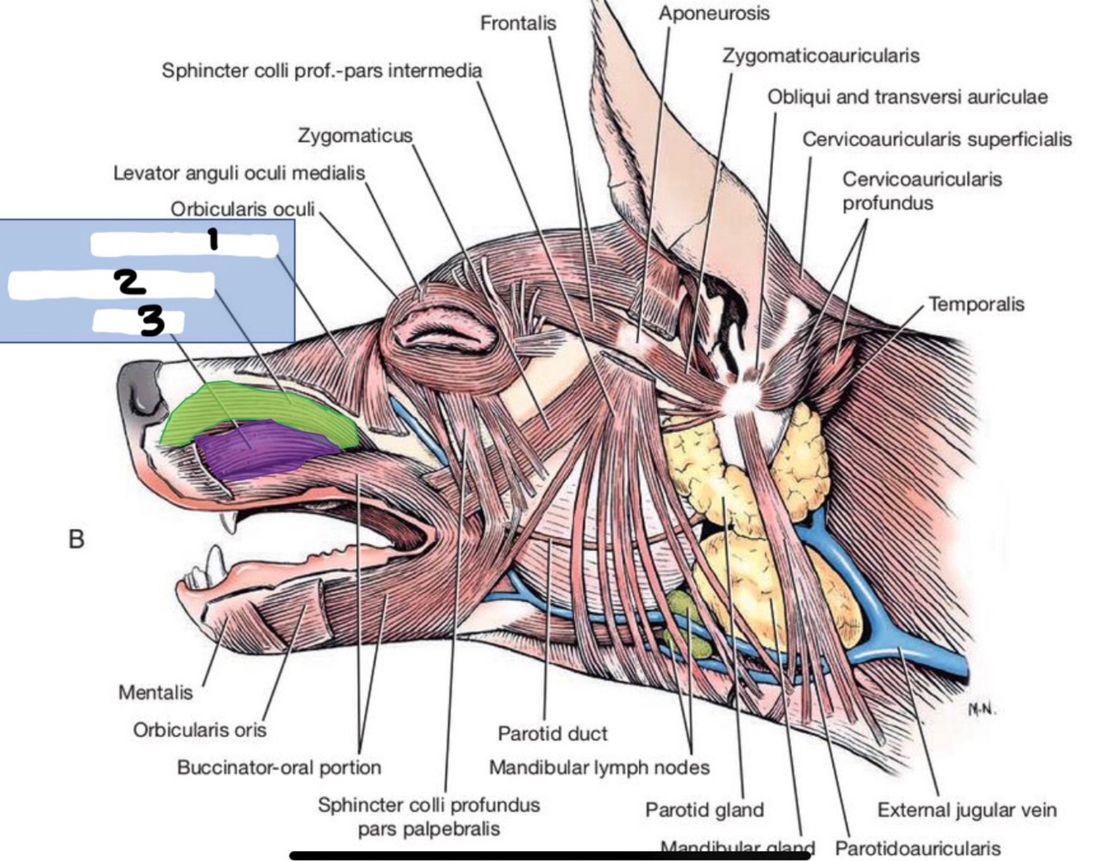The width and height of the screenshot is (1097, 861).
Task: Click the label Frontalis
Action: click(517, 23)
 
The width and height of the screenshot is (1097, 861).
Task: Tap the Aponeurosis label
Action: click(714, 13)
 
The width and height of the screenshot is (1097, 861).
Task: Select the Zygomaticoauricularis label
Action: click(821, 56)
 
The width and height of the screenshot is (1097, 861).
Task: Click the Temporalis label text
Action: click(976, 304)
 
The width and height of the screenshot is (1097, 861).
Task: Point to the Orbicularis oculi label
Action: click(243, 209)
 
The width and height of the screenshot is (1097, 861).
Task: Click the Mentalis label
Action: click(155, 692)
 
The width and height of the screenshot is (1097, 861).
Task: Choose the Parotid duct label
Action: click(552, 733)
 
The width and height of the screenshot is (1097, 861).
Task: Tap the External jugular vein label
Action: click(966, 810)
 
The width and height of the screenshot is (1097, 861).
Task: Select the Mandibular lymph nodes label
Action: click(599, 767)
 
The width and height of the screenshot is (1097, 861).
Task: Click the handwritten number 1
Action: click(213, 239)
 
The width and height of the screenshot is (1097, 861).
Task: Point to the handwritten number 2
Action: click(130, 282)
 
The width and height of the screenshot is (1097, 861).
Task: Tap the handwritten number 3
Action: click(151, 321)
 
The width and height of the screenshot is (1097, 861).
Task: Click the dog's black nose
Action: click(140, 391)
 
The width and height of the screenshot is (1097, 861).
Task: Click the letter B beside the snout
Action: click(76, 539)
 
